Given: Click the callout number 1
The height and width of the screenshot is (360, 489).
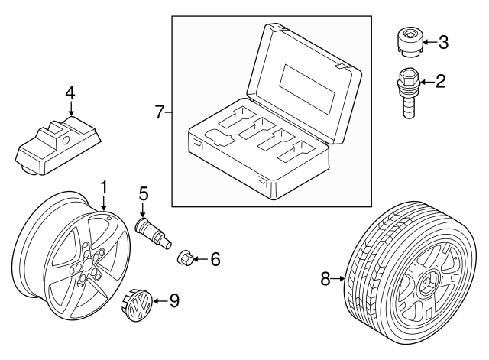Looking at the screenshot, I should pyautogui.click(x=104, y=186).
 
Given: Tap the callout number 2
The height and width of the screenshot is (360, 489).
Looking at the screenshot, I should pyautogui.click(x=439, y=80).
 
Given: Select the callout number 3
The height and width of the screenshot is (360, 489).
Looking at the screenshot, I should pyautogui.click(x=442, y=42).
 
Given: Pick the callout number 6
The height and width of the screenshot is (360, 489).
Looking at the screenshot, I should pyautogui.click(x=215, y=260).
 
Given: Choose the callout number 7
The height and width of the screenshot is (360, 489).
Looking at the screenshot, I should pyautogui.click(x=160, y=113).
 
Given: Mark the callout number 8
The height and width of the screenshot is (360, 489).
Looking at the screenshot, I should pyautogui.click(x=326, y=280).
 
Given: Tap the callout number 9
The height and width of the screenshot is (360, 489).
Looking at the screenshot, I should pyautogui.click(x=173, y=300).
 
